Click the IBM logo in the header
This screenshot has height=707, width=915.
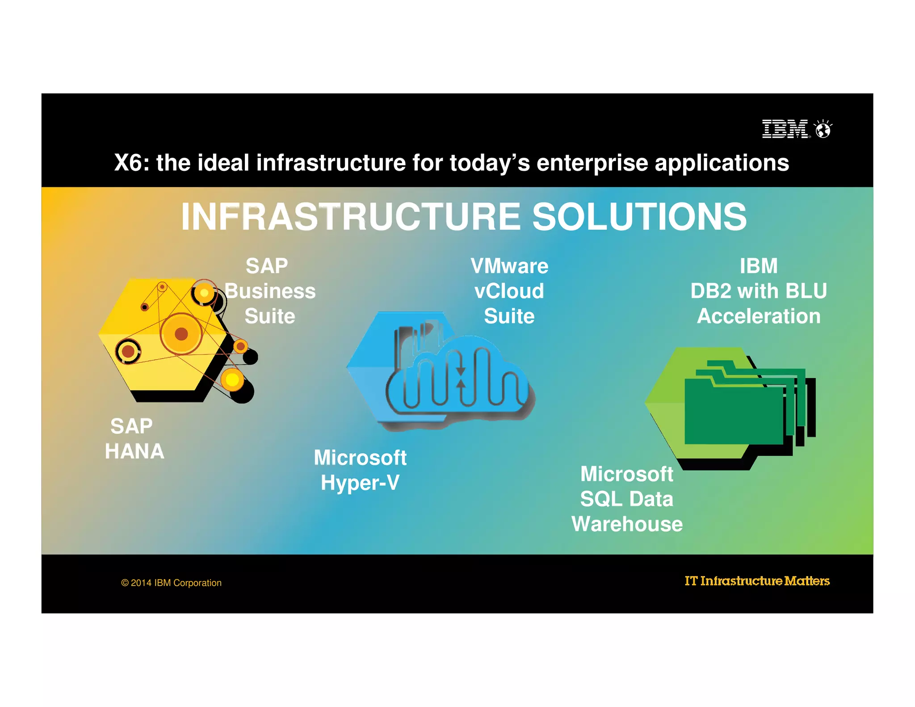tap(785, 129)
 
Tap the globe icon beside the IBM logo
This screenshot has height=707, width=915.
tap(823, 130)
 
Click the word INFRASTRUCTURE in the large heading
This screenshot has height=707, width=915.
tap(350, 217)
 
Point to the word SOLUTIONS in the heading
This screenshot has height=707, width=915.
tap(639, 217)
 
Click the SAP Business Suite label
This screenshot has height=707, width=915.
tap(270, 291)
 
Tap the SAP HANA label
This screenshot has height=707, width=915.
tap(134, 438)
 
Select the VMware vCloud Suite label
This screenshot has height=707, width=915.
tap(509, 291)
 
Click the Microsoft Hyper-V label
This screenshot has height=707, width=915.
tap(360, 470)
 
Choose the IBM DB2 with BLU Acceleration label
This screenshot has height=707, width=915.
tap(759, 291)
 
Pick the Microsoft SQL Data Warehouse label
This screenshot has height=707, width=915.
tap(627, 499)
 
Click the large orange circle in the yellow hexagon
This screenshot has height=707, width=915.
tap(181, 333)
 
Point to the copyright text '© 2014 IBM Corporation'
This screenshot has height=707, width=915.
tap(171, 583)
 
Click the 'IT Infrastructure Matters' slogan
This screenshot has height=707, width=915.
tap(757, 581)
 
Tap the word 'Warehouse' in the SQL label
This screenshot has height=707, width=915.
tap(627, 524)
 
